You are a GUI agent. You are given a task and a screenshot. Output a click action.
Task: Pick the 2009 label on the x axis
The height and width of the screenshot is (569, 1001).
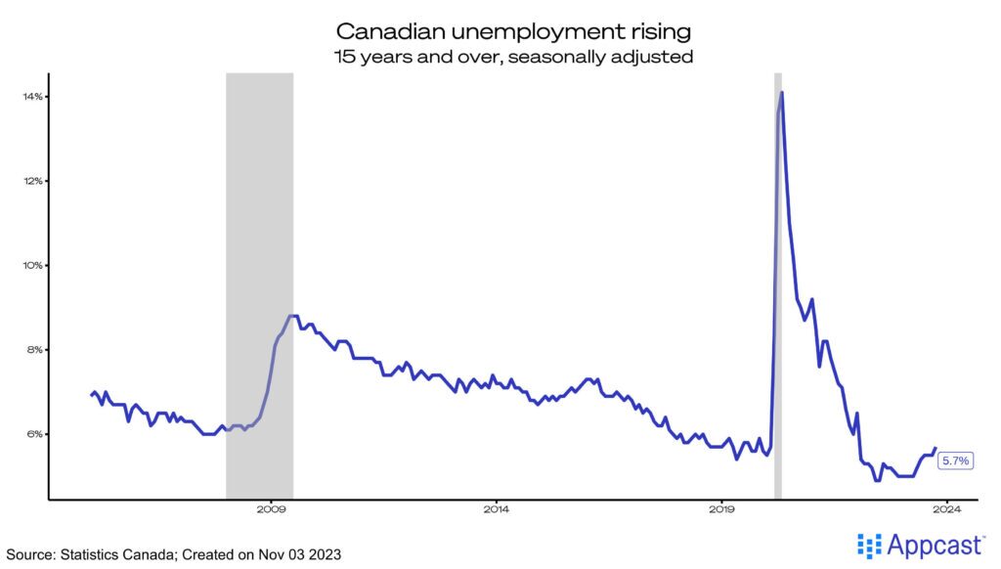(271, 508)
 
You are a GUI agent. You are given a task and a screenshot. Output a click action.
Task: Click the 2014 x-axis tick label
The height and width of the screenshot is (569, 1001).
(497, 508)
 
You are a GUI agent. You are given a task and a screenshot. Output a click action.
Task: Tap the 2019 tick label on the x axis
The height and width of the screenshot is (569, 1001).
(721, 508)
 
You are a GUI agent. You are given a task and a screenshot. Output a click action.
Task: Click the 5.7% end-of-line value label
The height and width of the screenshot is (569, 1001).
(954, 460)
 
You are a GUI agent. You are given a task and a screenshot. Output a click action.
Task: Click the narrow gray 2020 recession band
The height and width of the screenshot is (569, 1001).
(778, 293)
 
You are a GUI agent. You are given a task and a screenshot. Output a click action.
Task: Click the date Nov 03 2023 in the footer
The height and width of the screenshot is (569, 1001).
(299, 554)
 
